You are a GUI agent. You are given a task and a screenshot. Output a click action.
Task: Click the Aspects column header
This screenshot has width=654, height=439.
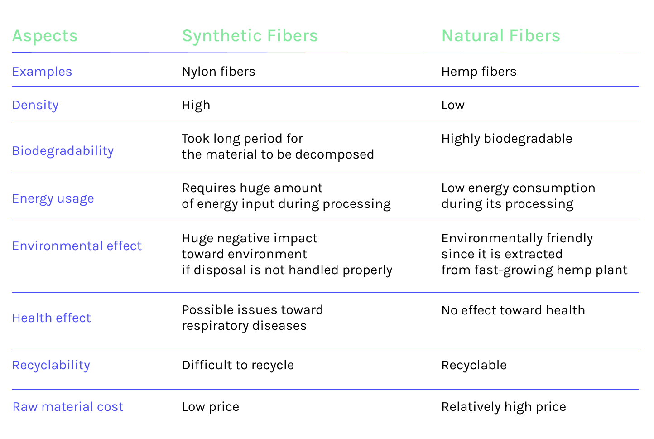tap(45, 36)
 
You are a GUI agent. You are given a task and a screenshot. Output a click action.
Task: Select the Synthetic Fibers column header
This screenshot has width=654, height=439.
tap(250, 36)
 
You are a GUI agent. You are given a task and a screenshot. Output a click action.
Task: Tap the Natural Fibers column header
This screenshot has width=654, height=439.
tap(500, 36)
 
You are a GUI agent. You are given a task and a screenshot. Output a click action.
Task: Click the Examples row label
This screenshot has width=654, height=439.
tap(42, 72)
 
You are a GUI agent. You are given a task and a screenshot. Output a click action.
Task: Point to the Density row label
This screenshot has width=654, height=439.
tap(35, 105)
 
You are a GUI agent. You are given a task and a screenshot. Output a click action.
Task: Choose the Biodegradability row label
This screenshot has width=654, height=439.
tap(63, 151)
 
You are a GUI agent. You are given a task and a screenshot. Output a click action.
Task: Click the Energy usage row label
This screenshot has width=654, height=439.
tap(53, 198)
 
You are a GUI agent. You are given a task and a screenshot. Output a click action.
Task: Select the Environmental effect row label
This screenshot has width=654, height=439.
tap(77, 246)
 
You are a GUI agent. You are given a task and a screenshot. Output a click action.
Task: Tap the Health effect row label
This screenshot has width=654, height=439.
tap(52, 318)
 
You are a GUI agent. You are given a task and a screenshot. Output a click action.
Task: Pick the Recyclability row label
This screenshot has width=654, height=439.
tap(51, 365)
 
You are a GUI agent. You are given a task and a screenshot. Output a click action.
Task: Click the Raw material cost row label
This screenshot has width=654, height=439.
tap(68, 407)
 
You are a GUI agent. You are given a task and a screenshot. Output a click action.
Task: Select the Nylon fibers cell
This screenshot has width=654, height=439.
tap(218, 72)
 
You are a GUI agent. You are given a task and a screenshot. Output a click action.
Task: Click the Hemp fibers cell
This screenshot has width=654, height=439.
tap(479, 72)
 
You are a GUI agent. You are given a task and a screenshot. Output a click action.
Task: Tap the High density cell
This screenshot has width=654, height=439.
tap(196, 105)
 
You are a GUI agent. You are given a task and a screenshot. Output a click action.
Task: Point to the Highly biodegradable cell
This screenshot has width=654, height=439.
tap(507, 139)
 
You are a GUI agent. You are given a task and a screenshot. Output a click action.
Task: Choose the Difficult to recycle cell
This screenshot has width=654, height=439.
tap(238, 365)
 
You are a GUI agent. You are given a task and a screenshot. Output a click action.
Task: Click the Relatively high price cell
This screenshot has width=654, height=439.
tap(504, 407)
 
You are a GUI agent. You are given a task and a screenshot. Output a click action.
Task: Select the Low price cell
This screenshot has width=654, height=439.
tap(210, 407)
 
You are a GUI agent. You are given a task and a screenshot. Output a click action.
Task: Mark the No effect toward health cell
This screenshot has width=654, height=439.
tap(513, 310)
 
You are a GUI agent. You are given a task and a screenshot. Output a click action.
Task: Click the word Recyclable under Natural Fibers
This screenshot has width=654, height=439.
tap(474, 365)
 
